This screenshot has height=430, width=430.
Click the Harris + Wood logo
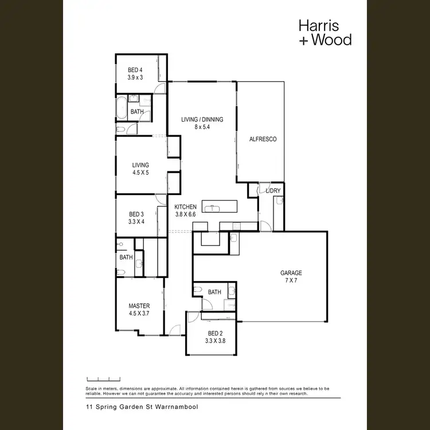[325, 32]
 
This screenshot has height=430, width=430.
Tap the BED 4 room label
[135, 73]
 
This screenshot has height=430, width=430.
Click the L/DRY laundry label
[273, 190]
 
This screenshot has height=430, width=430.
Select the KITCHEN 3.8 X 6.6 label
[186, 210]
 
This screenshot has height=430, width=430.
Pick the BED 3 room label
[136, 217]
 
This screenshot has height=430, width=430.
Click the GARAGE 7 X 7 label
[291, 276]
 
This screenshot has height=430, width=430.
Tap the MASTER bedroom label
[139, 310]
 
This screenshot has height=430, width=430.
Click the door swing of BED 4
[161, 88]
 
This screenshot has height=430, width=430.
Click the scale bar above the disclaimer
[103, 379]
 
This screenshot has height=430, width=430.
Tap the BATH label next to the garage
[214, 292]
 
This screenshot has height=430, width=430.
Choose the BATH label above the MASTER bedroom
[126, 257]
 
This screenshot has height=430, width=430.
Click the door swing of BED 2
[193, 316]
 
